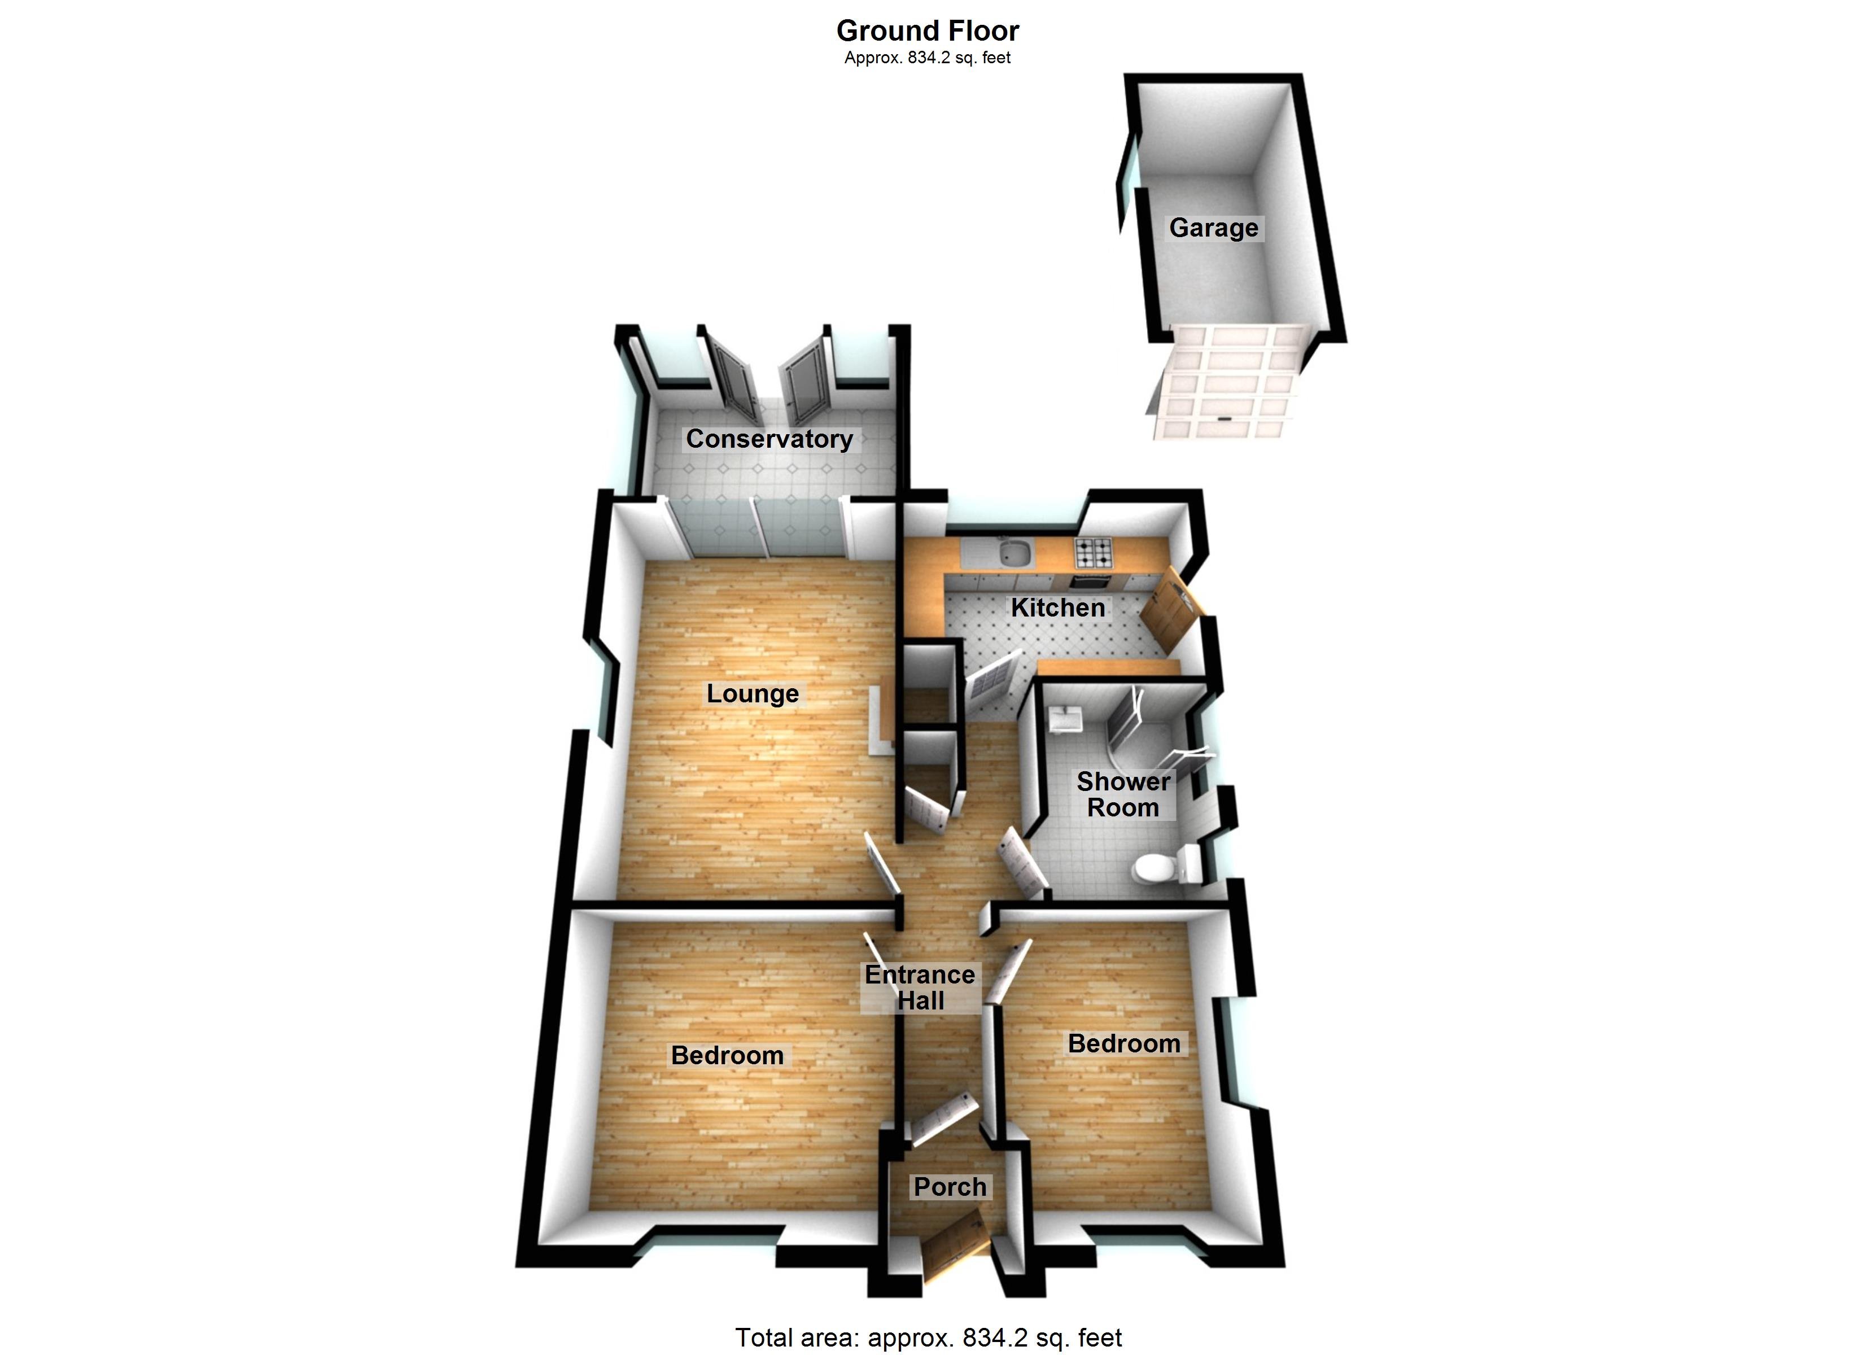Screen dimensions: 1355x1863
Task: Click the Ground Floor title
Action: (928, 30)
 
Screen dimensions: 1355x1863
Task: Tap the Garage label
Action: (1213, 228)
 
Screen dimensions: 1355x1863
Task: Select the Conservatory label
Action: (769, 439)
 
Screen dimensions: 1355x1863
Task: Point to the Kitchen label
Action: (1057, 607)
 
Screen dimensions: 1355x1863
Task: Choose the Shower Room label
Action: (1123, 794)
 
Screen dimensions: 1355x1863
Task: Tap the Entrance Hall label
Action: (920, 987)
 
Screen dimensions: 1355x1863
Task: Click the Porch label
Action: (950, 1187)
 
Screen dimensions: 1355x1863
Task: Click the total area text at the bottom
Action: (928, 1337)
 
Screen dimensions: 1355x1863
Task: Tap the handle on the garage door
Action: (1224, 420)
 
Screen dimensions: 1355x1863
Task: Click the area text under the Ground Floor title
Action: (928, 58)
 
